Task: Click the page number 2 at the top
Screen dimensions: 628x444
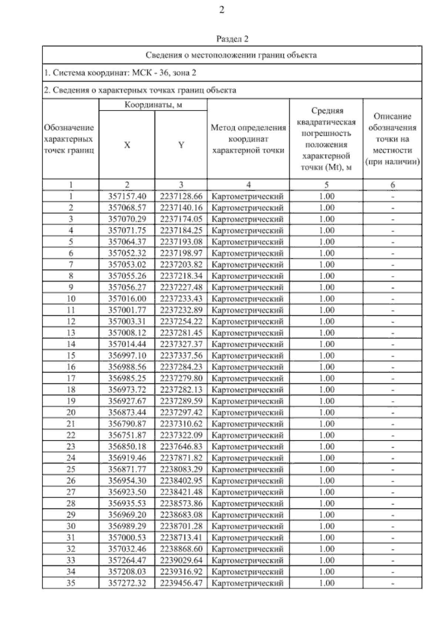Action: coord(222,10)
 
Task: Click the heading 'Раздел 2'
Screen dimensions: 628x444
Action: coord(232,39)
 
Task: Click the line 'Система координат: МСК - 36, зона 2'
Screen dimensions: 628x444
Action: coord(120,73)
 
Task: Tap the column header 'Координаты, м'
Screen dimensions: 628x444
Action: coord(153,105)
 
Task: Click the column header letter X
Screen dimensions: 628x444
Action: coord(127,145)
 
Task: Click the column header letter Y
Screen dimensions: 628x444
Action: coord(181,145)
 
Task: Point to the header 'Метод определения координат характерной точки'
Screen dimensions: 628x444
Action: coord(248,139)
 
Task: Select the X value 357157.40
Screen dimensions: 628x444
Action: coord(127,196)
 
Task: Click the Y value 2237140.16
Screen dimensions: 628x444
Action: coord(181,208)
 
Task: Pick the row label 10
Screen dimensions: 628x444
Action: coord(71,299)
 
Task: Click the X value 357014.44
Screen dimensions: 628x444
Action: coord(127,344)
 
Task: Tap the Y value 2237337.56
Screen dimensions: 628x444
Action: coord(181,356)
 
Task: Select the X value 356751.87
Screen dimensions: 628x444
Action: coord(127,435)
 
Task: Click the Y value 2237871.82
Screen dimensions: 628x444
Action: coord(181,458)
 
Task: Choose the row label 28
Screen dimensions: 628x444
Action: coord(71,503)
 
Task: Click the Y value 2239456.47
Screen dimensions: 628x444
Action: coord(181,583)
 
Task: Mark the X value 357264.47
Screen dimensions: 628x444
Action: coord(127,560)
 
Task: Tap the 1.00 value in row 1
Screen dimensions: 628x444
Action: coord(326,196)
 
